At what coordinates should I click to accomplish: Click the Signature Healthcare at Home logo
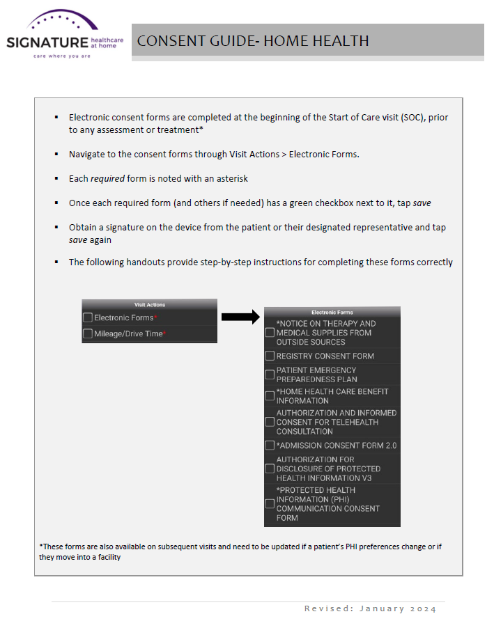[63, 35]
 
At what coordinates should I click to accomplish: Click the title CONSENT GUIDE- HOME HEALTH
[253, 41]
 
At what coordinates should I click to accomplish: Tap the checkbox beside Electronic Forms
[88, 317]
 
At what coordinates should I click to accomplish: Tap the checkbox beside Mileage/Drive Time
[88, 334]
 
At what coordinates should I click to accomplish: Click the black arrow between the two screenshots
[240, 317]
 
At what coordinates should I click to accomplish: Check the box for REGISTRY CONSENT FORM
[270, 356]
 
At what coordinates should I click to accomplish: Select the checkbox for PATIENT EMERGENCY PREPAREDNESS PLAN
[270, 375]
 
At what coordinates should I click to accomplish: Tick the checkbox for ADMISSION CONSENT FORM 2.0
[270, 445]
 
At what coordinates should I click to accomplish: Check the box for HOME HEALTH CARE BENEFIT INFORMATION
[270, 396]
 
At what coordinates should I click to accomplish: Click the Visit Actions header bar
[149, 304]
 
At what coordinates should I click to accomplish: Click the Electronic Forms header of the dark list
[332, 313]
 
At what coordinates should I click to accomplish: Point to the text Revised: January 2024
[370, 609]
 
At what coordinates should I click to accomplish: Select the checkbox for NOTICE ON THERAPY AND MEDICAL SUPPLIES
[270, 333]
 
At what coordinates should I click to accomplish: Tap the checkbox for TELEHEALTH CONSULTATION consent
[270, 422]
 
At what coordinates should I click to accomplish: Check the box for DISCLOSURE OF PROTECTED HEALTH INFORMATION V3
[270, 469]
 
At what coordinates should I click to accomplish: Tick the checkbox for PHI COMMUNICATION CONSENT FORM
[270, 504]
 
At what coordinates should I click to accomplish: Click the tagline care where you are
[62, 56]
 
